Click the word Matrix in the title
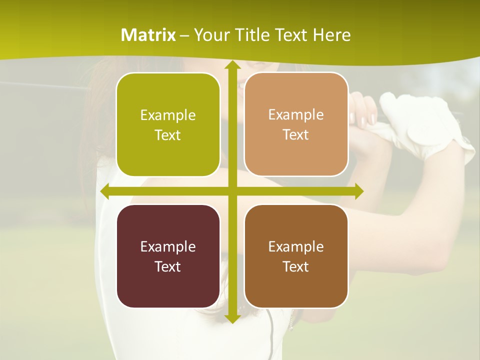point(148,35)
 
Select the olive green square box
point(168,124)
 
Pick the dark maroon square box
point(168,256)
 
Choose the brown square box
point(296,256)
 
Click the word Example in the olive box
point(168,115)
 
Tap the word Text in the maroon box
point(167,266)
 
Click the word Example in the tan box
point(296,114)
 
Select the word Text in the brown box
point(295,266)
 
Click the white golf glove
point(425,125)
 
